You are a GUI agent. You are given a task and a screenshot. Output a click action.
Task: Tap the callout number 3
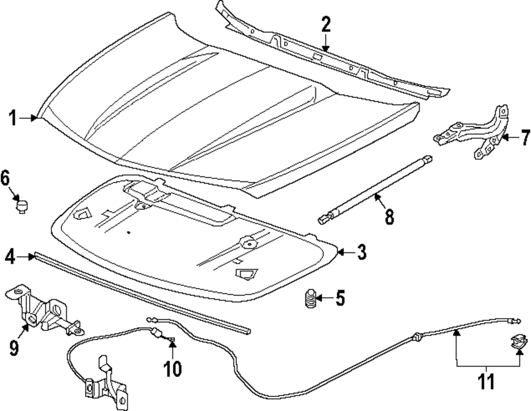click(361, 252)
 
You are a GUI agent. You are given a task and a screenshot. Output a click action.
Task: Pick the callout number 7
click(525, 138)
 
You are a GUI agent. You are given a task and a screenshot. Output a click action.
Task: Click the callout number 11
click(486, 381)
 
